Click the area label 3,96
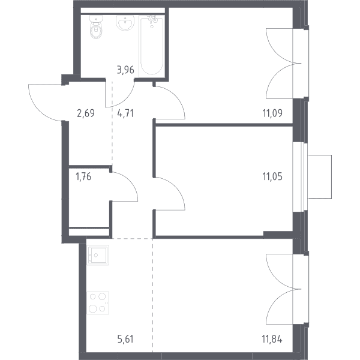click(x=125, y=70)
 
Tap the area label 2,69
click(x=86, y=113)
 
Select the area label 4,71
click(x=125, y=113)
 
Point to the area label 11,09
click(x=272, y=113)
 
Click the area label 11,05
click(x=272, y=177)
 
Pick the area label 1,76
click(x=83, y=177)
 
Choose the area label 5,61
click(x=125, y=339)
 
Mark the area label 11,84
click(x=272, y=339)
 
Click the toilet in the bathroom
click(x=96, y=27)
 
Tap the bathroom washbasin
click(x=125, y=23)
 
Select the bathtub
click(x=152, y=45)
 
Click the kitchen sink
click(x=98, y=255)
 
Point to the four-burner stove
click(x=98, y=303)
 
